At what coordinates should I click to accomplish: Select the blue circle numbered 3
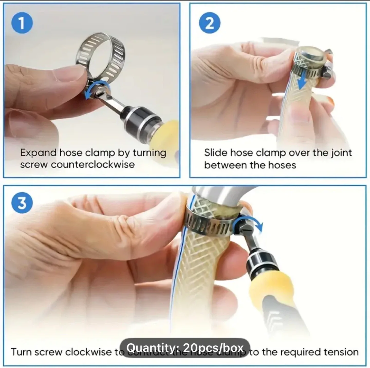[22, 203]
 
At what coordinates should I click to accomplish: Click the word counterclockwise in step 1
[93, 165]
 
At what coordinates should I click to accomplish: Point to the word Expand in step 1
[38, 153]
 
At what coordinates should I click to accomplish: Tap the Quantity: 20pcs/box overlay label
[185, 348]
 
